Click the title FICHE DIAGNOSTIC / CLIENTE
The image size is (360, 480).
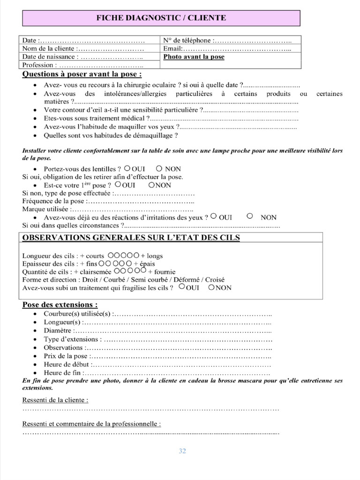161,18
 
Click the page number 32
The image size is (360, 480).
182,451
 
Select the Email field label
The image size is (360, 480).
172,49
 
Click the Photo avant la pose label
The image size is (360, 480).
194,57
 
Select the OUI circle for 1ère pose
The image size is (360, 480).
117,185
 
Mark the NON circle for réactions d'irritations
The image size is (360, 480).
250,217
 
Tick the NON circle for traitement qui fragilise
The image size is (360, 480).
211,287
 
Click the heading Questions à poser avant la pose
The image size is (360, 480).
82,75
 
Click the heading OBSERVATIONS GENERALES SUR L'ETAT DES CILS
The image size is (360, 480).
131,238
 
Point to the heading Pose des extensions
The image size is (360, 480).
60,305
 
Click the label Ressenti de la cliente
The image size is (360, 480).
55,400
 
